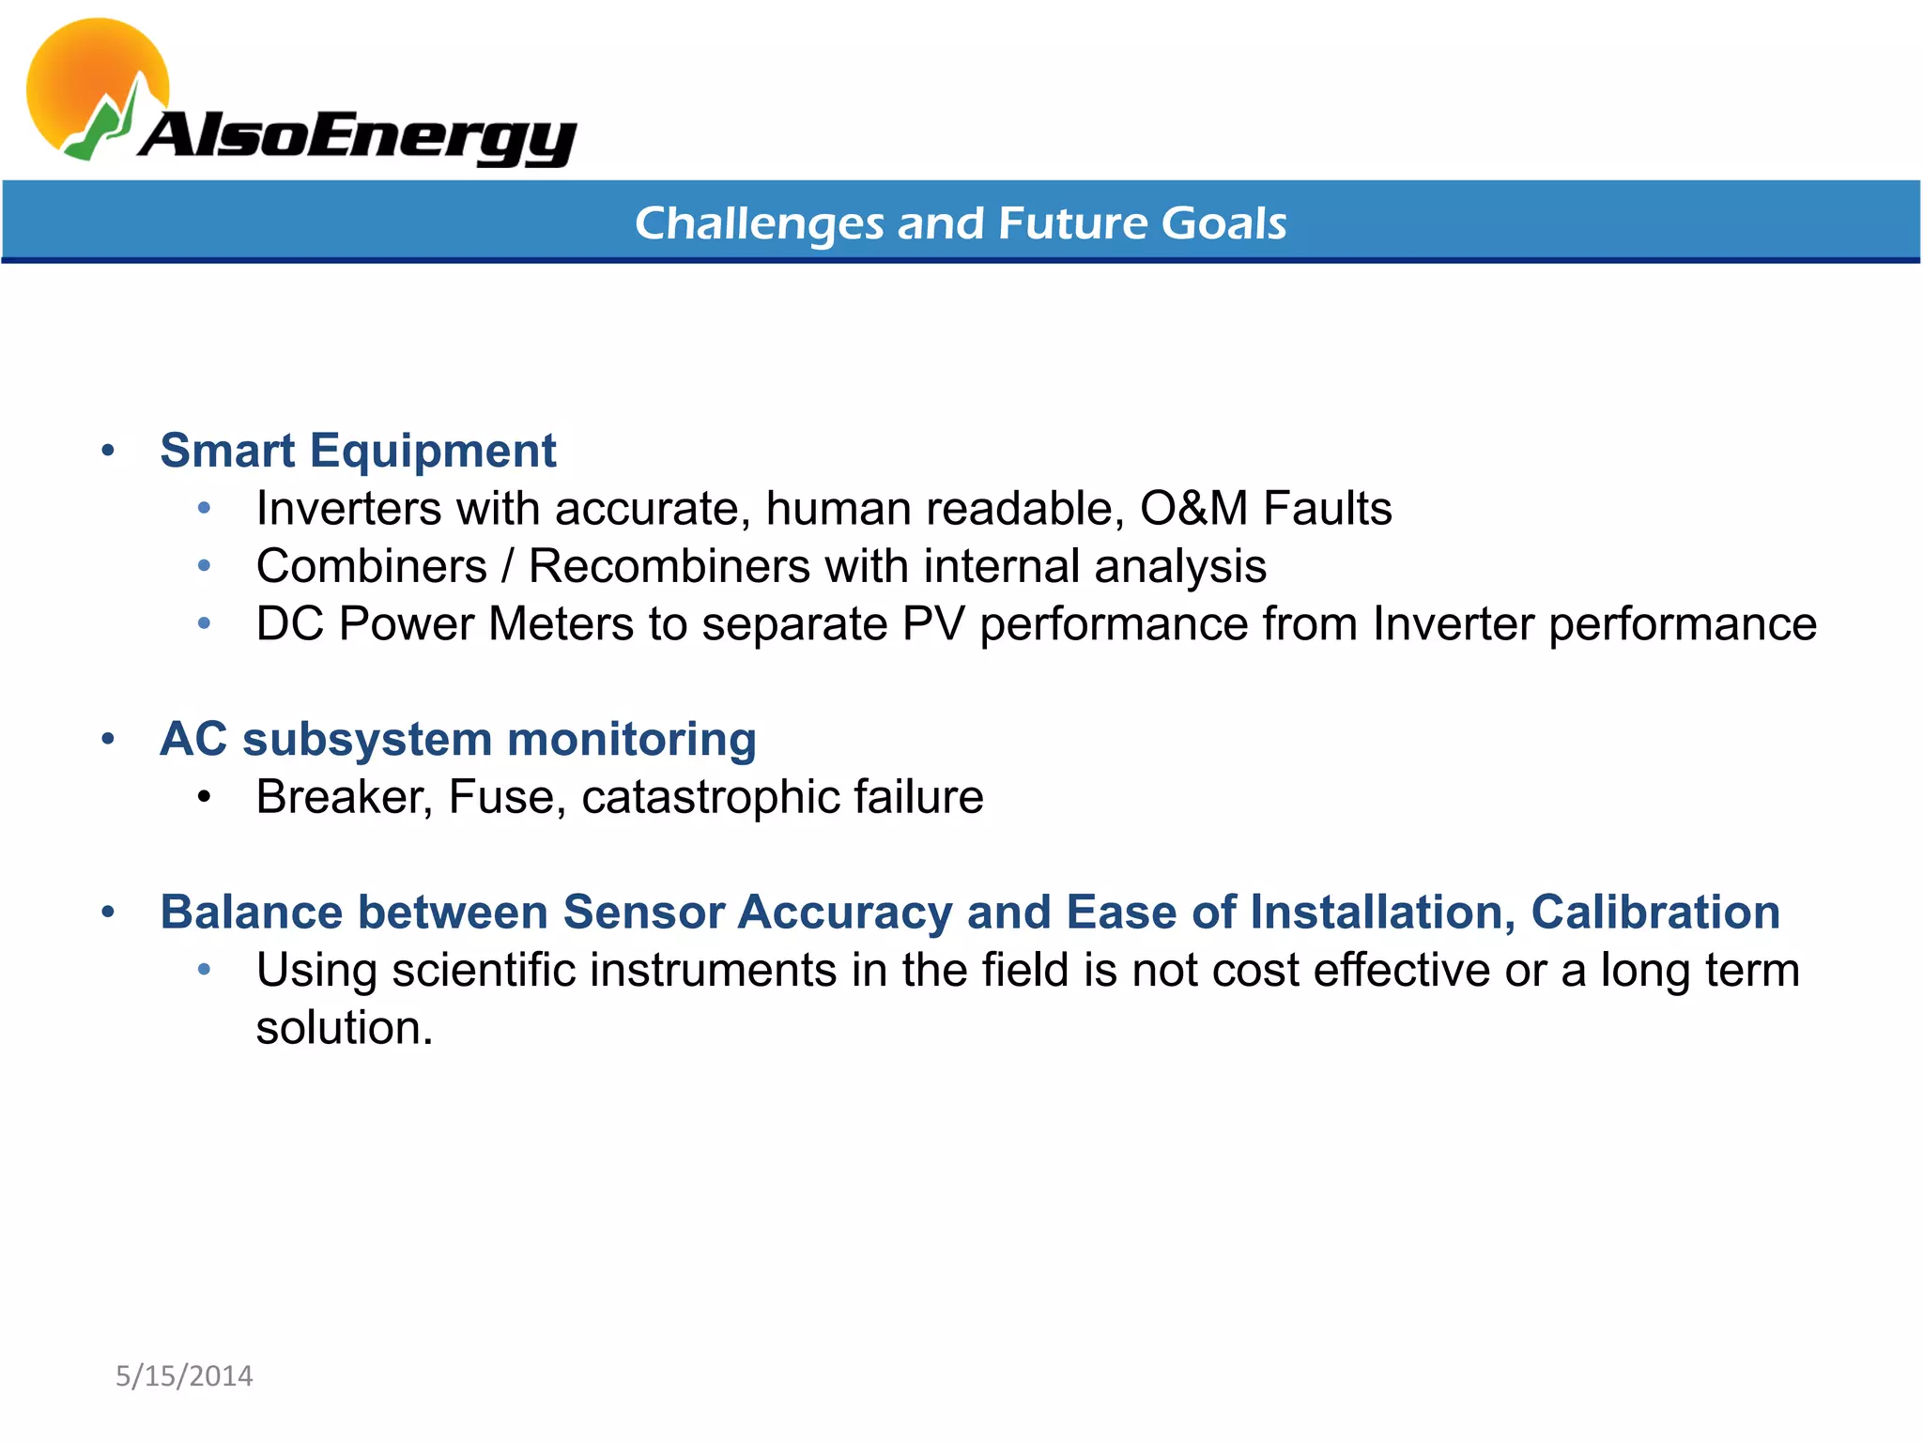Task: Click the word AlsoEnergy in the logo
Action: click(357, 136)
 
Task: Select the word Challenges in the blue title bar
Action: click(759, 224)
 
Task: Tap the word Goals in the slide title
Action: click(1223, 223)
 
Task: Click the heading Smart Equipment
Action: click(358, 451)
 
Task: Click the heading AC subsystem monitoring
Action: click(458, 739)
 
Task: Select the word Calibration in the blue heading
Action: click(1654, 913)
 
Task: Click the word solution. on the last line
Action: click(345, 1028)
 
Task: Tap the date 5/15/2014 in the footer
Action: click(184, 1376)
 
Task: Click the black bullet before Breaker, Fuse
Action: click(205, 798)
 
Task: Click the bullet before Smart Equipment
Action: click(108, 452)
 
